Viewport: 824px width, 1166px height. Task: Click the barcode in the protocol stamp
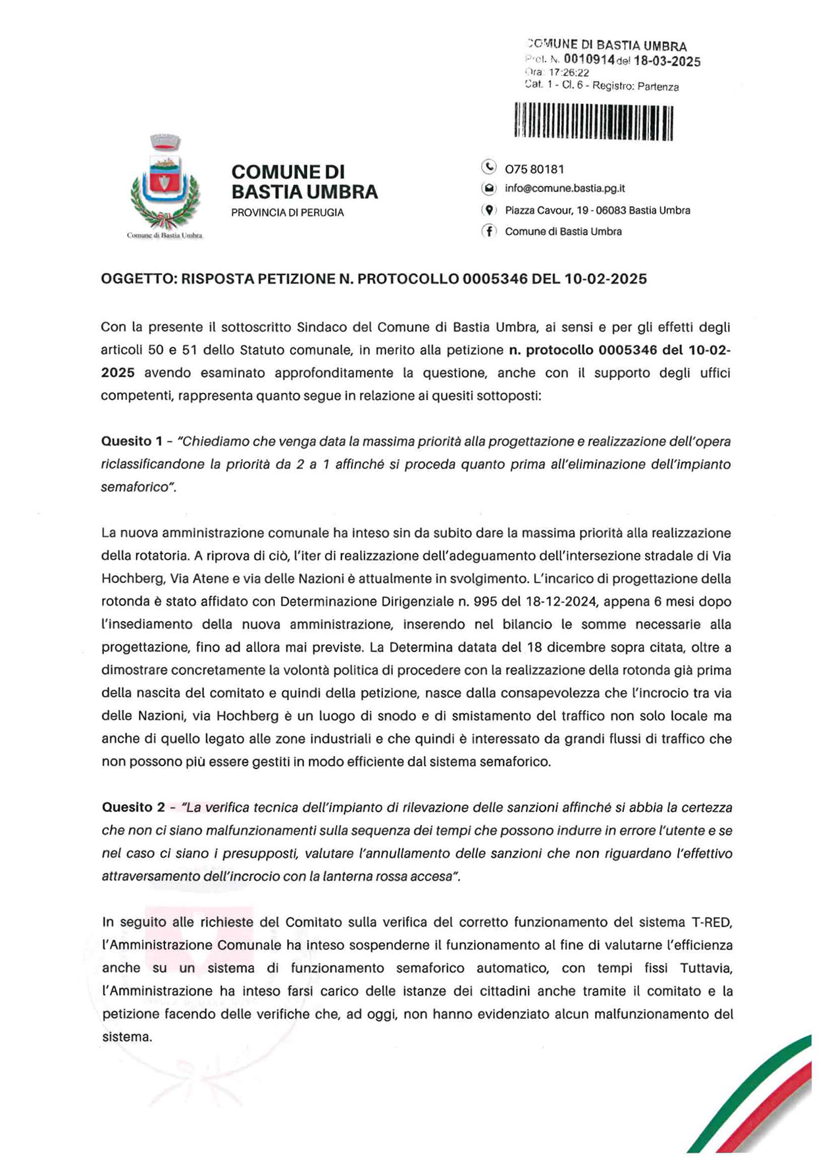click(593, 121)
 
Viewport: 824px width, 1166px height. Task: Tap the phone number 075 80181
click(534, 169)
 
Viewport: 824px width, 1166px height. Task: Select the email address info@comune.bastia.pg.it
click(565, 189)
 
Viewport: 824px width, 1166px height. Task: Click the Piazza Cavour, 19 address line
click(598, 211)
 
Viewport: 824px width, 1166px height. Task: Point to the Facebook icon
click(488, 231)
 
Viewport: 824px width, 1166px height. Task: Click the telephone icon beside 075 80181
click(488, 167)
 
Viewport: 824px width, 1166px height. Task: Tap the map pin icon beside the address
click(488, 211)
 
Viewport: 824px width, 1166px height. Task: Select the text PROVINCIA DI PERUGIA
click(288, 213)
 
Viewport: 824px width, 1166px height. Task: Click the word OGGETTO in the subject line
click(137, 279)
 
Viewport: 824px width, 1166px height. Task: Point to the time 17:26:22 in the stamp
click(569, 73)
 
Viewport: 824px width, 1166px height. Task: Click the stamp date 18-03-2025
click(667, 62)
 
